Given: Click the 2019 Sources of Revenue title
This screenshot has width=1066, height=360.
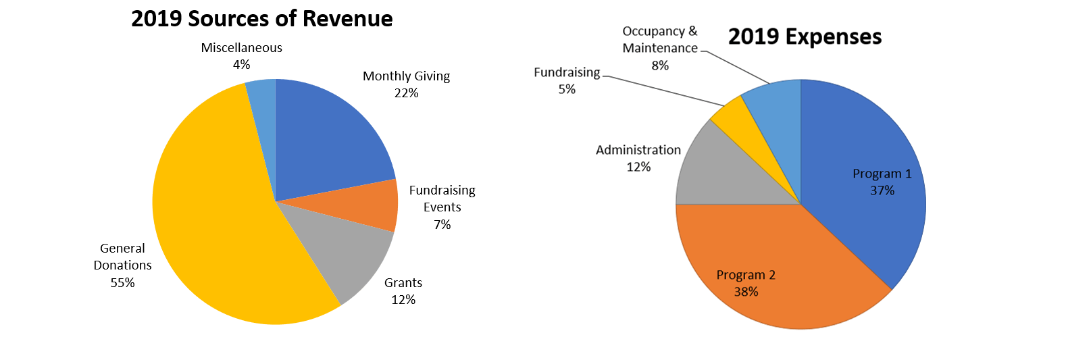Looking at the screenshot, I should [261, 18].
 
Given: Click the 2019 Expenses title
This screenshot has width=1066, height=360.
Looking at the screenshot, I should [805, 36].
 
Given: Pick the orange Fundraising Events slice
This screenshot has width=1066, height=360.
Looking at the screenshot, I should [368, 206].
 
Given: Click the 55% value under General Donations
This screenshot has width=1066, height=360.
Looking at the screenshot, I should [122, 283].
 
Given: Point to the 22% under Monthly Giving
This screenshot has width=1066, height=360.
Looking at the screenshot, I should [406, 93].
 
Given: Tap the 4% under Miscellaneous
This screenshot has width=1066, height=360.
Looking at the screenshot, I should [241, 65].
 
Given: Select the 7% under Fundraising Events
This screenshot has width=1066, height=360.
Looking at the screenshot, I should [442, 224].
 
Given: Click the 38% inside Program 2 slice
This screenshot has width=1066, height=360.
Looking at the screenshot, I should [746, 292].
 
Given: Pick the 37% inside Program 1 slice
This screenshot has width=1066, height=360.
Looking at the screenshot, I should [882, 190].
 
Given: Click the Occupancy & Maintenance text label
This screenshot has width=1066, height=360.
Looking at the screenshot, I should [660, 40].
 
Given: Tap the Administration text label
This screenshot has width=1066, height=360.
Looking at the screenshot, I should [638, 150].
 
